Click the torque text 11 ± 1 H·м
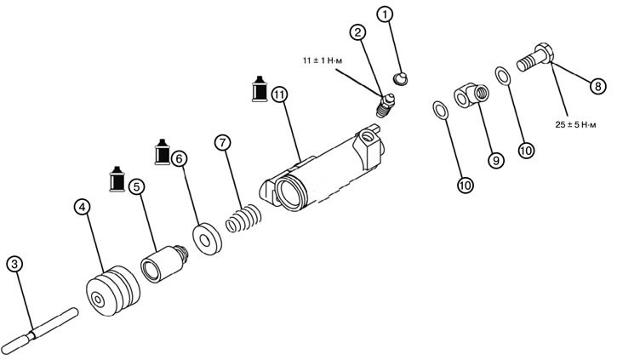325,62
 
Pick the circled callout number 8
597,85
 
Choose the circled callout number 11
280,94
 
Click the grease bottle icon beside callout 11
258,89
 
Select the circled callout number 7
222,142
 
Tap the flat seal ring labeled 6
206,238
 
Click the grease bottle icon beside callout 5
117,180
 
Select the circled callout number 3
14,264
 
